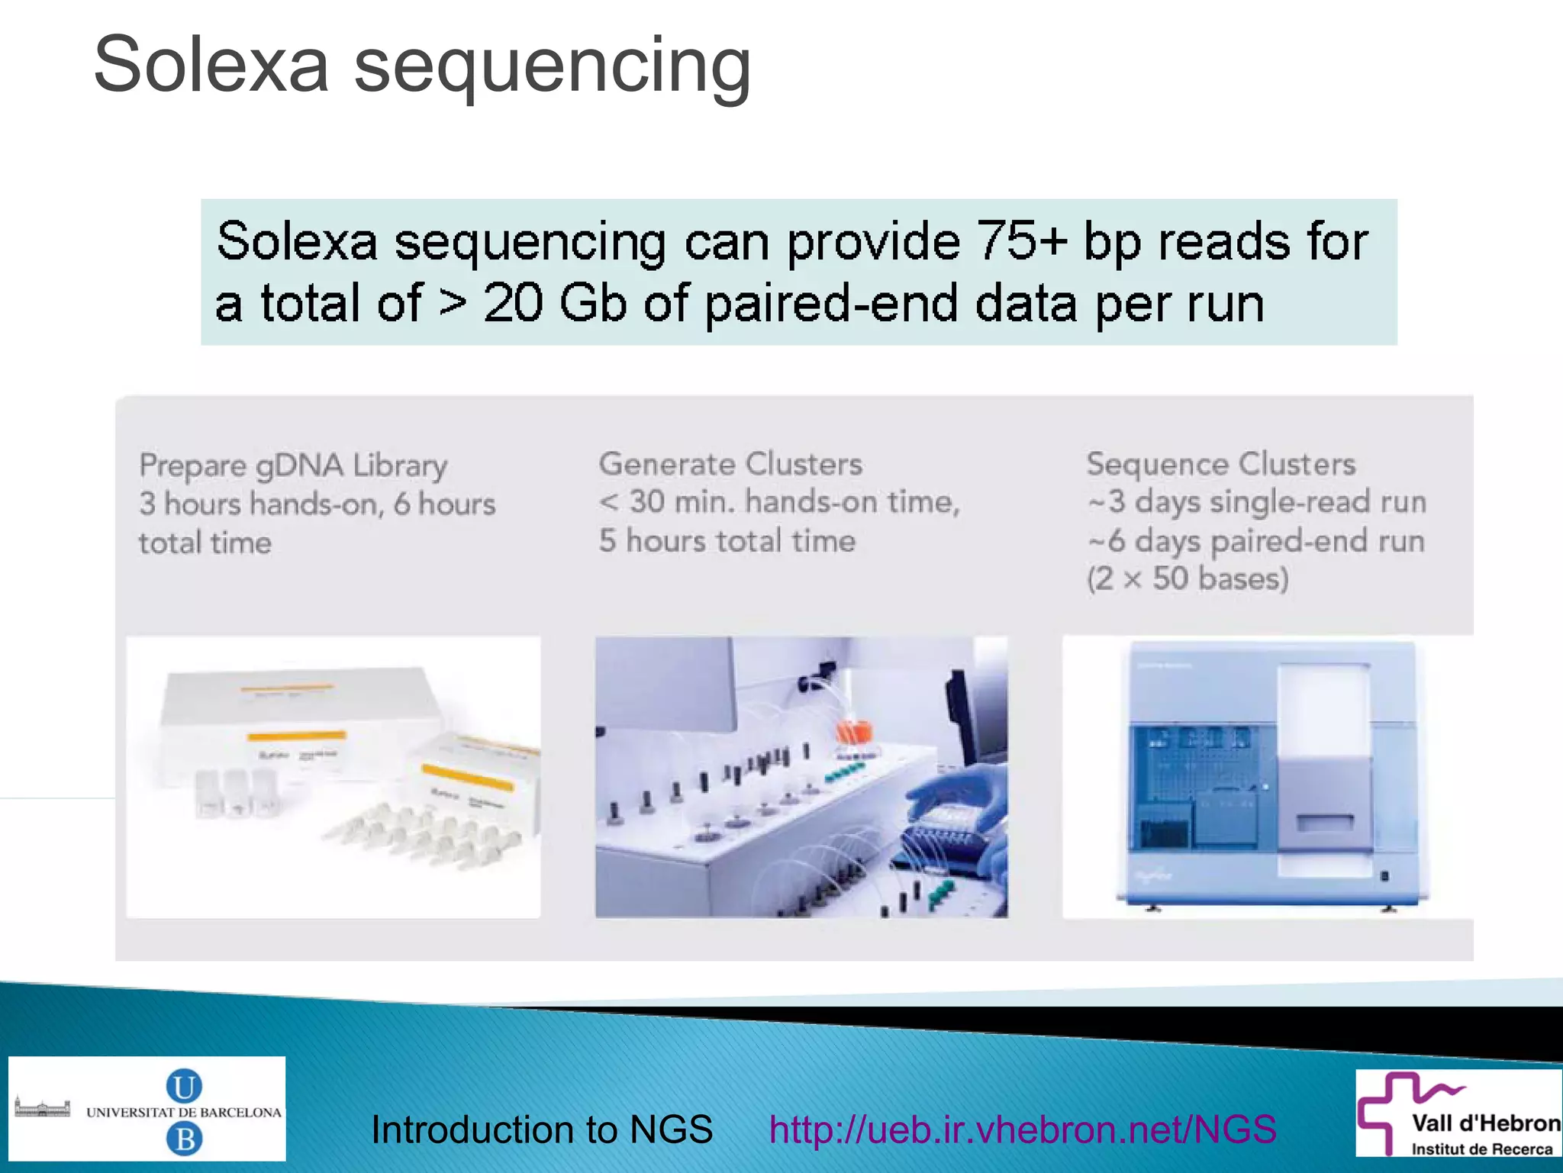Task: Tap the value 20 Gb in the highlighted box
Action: tap(554, 304)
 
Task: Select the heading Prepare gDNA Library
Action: tap(293, 466)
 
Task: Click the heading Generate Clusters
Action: tap(730, 464)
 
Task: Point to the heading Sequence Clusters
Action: tap(1221, 464)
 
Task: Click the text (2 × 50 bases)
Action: tap(1188, 578)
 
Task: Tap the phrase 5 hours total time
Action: tap(727, 541)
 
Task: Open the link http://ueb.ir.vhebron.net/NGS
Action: tap(1023, 1129)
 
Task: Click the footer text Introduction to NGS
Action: tap(542, 1129)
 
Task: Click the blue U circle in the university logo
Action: tap(184, 1086)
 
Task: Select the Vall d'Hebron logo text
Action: tap(1485, 1123)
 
